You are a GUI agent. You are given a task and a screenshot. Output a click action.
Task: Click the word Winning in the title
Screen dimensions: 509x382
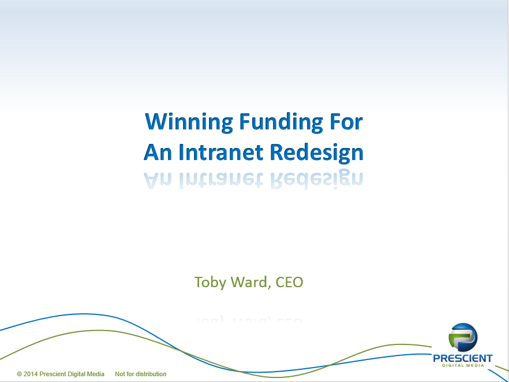click(189, 123)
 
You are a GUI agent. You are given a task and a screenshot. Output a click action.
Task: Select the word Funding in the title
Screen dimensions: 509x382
click(281, 123)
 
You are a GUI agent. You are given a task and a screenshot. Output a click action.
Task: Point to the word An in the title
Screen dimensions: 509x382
click(158, 152)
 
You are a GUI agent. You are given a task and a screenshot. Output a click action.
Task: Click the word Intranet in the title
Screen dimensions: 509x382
click(220, 152)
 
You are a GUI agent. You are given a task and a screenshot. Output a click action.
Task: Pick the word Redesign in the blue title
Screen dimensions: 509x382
click(316, 153)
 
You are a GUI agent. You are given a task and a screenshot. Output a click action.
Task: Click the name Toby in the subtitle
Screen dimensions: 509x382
click(210, 283)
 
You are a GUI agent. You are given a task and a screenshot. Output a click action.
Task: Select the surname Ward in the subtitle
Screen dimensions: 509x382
click(251, 282)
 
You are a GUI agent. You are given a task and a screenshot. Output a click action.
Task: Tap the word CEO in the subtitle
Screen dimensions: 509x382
click(289, 282)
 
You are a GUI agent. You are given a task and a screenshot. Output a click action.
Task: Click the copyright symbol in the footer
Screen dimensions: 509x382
click(20, 374)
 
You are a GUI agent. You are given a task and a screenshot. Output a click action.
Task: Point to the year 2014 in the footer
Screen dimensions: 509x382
click(31, 374)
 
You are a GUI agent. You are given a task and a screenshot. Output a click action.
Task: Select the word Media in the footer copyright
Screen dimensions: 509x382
click(95, 374)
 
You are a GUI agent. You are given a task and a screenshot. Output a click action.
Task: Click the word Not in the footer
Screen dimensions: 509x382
click(120, 374)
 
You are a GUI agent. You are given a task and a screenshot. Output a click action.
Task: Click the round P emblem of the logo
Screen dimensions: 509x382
click(463, 338)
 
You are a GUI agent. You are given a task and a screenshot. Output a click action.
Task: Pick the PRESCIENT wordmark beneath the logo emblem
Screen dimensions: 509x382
click(463, 358)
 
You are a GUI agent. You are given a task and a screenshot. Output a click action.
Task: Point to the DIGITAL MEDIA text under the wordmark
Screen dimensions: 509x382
click(463, 365)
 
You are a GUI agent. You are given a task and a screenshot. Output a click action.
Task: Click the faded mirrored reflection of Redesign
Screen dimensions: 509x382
click(317, 179)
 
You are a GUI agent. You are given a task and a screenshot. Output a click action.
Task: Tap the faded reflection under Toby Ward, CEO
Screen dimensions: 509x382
click(249, 319)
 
